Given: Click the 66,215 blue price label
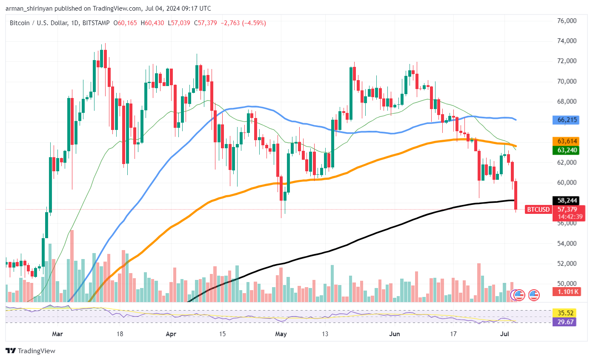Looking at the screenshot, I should tap(564, 120).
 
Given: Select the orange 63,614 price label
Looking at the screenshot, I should tap(564, 141).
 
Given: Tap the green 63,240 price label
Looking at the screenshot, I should tap(564, 150).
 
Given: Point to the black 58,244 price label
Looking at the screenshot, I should tap(564, 200).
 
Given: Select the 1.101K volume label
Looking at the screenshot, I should tap(564, 292).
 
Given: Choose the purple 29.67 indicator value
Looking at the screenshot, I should tap(564, 323).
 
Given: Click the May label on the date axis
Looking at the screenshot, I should tap(281, 334).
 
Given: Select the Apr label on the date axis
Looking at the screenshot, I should tap(170, 334).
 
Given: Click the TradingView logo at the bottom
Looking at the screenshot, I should tap(31, 351).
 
